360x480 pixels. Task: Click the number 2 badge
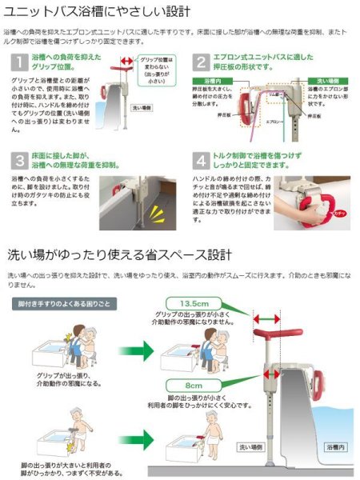201,62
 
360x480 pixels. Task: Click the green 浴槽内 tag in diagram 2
209,82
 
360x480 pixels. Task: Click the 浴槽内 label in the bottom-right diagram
335,446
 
